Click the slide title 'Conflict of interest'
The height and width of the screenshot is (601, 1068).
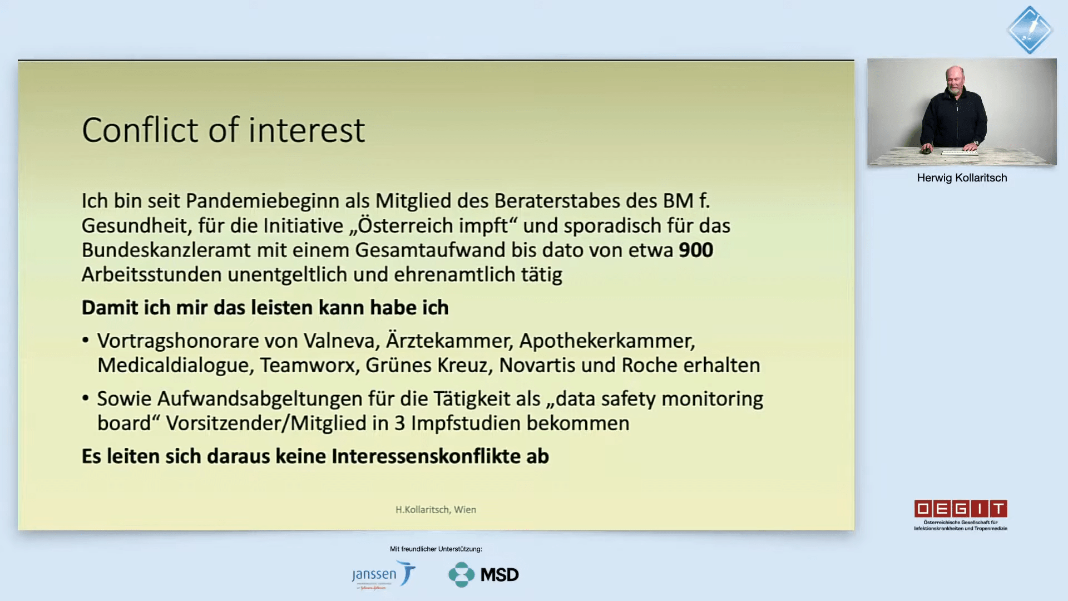(223, 130)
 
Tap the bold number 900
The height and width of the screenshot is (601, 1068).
(696, 250)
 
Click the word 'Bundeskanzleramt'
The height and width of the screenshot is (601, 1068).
(166, 250)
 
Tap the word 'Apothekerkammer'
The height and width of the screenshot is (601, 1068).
(607, 341)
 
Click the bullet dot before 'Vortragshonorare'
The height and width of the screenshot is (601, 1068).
(86, 340)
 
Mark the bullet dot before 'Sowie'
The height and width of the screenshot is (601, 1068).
(86, 398)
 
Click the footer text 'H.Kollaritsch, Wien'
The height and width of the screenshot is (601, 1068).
(436, 510)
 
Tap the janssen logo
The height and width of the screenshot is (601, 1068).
(384, 575)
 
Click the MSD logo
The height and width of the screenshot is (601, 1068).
(483, 575)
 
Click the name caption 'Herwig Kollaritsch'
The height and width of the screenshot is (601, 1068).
(962, 178)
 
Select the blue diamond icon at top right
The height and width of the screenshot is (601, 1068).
(1030, 30)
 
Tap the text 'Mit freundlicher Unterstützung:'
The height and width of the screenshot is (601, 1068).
(436, 549)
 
